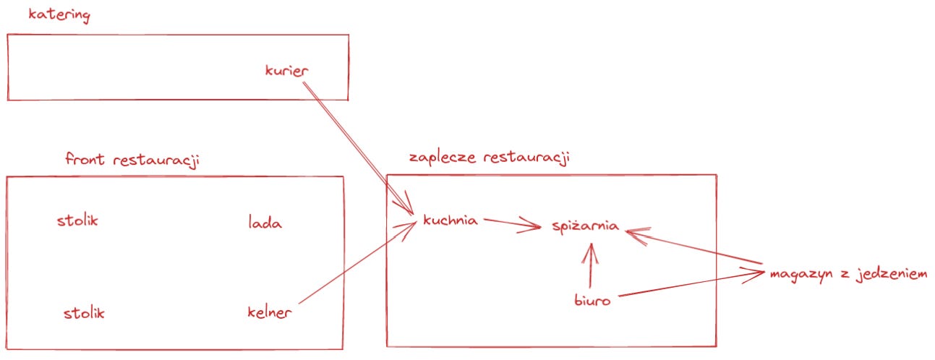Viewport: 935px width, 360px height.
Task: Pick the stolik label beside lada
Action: point(77,220)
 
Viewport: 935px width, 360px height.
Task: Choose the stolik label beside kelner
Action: point(84,313)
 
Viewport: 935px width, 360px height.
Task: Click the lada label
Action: point(265,223)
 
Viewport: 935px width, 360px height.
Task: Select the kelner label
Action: point(269,313)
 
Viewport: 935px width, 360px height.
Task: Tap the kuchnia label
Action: point(451,220)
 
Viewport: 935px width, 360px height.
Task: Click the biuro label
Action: point(592,300)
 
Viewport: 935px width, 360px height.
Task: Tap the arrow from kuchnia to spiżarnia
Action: point(512,223)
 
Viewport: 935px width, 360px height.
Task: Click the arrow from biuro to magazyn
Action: point(691,283)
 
